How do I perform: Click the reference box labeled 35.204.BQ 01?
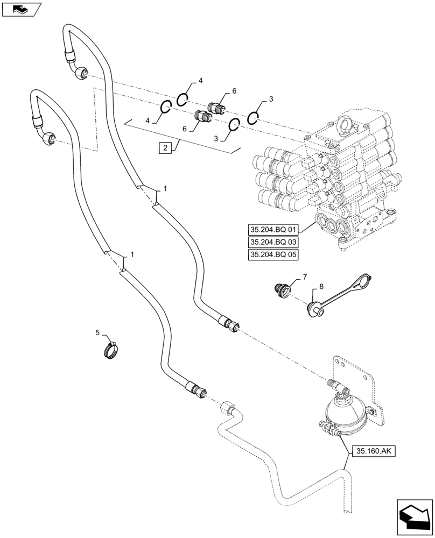(273, 229)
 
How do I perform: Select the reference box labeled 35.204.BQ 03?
(273, 242)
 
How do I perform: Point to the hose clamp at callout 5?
(110, 351)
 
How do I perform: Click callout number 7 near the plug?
(304, 277)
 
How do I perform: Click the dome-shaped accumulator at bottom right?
(346, 415)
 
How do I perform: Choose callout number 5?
(97, 332)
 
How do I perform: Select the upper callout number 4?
(200, 81)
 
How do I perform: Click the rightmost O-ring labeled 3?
(254, 117)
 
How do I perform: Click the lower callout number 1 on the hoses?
(132, 254)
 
